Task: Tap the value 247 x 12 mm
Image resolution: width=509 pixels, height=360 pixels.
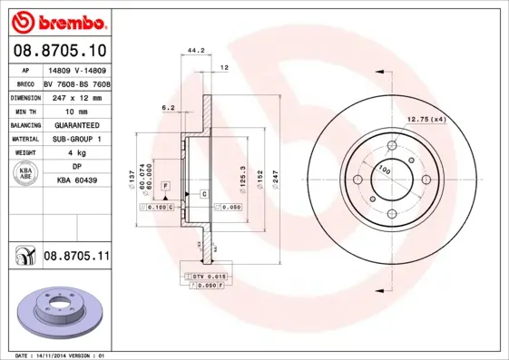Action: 76,95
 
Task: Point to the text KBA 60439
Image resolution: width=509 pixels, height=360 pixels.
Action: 76,182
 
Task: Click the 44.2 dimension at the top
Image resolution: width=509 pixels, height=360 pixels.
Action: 193,52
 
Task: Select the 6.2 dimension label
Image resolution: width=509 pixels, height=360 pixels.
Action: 168,107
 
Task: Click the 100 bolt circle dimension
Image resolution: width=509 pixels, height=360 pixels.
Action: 384,170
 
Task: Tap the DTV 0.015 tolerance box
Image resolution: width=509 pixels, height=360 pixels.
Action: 206,276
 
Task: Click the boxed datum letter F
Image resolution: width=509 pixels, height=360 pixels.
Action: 166,185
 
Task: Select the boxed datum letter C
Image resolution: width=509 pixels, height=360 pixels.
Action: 204,195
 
